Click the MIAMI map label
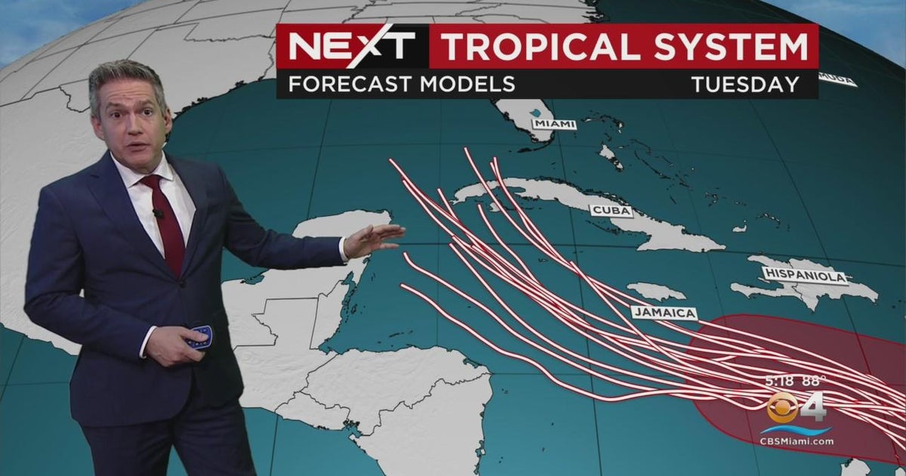553,124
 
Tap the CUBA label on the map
610,211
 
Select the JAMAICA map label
664,313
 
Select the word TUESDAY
745,84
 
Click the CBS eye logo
782,408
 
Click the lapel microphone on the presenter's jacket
159,213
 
